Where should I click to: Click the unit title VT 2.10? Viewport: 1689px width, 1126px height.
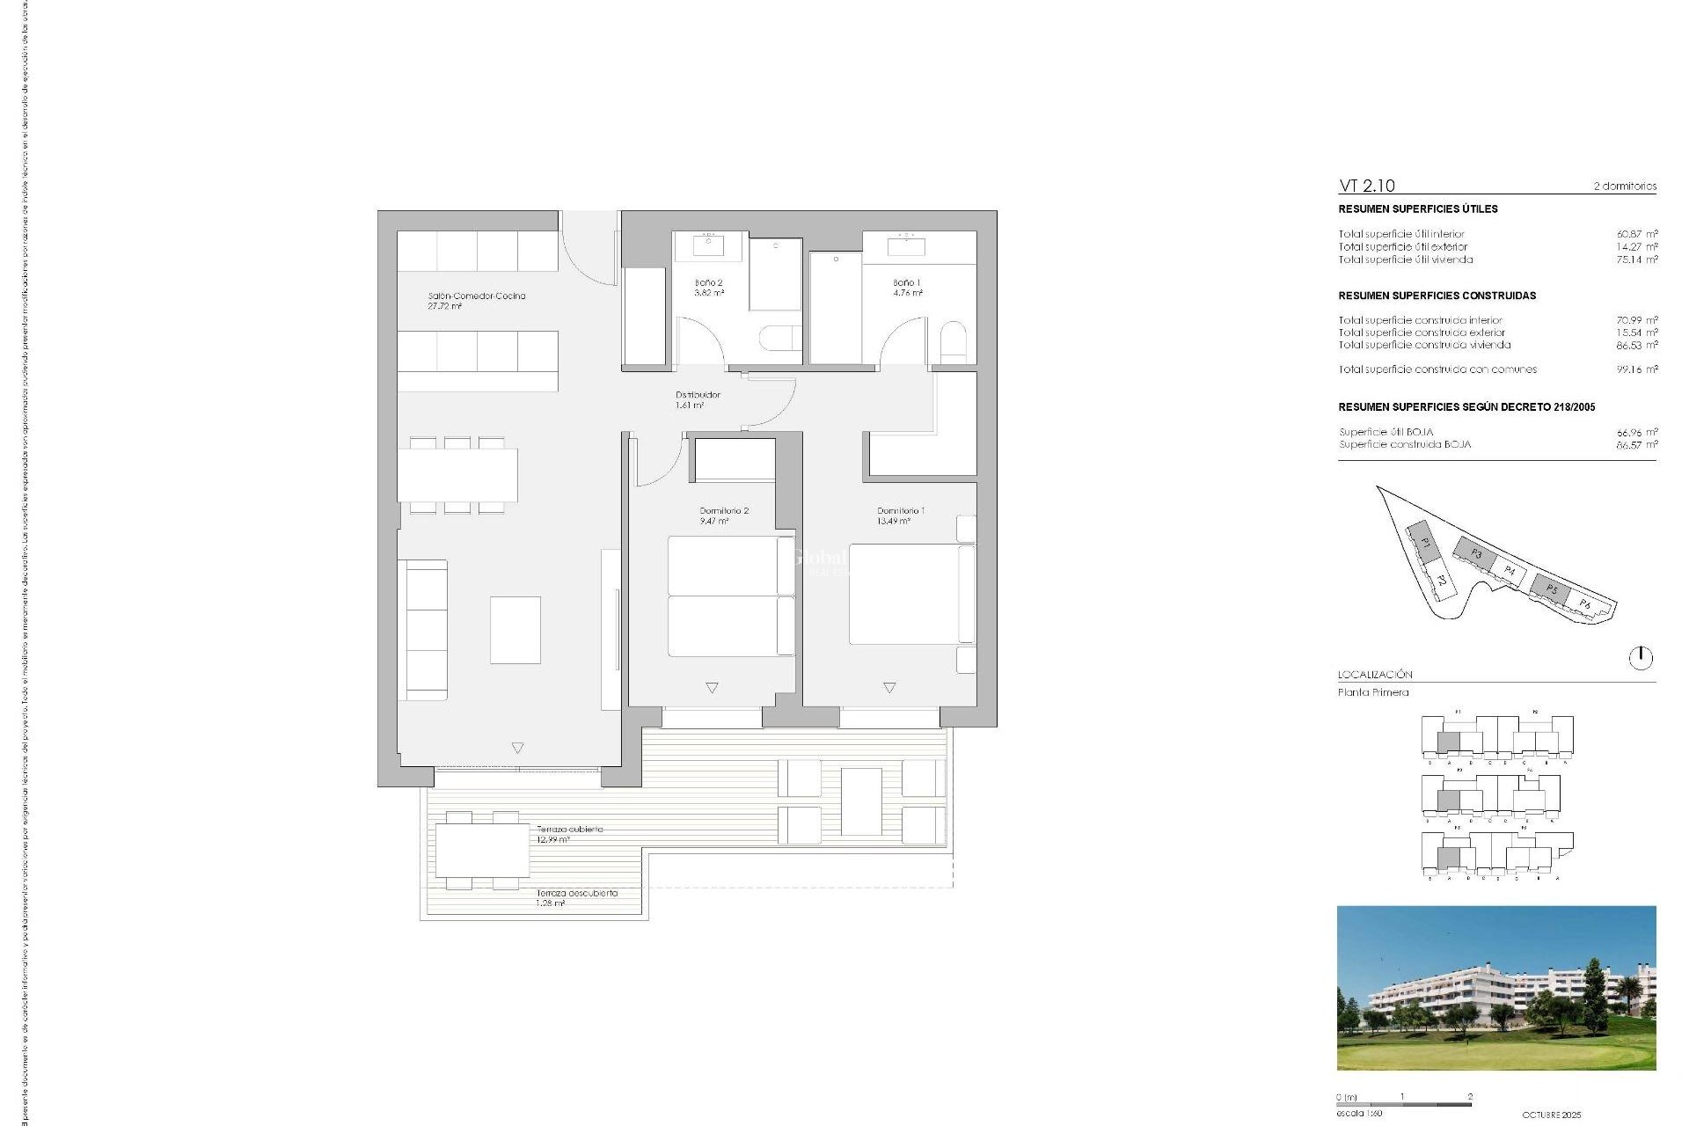[x=1366, y=186]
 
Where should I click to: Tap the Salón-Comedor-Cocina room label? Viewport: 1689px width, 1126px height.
[x=476, y=296]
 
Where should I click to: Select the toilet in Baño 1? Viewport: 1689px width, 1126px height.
[x=953, y=341]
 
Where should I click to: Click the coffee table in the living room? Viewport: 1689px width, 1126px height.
[x=515, y=630]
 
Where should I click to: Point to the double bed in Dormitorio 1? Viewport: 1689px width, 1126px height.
[x=906, y=594]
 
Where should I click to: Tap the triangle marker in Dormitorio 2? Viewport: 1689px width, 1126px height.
[x=712, y=688]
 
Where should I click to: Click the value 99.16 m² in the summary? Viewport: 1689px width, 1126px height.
[x=1636, y=369]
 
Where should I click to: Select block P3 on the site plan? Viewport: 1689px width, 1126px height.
[x=1475, y=553]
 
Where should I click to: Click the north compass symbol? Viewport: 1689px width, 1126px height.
[x=1641, y=658]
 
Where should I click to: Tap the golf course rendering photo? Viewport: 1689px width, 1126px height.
[x=1495, y=987]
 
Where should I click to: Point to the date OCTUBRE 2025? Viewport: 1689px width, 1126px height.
[x=1552, y=1115]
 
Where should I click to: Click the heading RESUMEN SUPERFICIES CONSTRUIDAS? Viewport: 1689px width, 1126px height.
[x=1437, y=296]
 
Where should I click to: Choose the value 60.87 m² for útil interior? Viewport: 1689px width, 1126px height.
[x=1636, y=234]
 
